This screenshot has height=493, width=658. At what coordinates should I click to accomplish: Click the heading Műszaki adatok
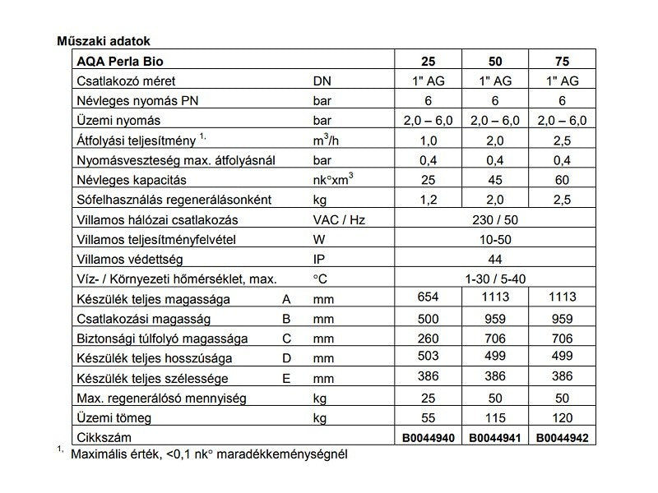coord(103,40)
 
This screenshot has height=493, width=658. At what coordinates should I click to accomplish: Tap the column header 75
coord(562,61)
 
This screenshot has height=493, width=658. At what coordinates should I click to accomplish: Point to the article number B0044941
coord(497,437)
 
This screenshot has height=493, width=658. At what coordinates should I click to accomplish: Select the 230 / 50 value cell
coord(497,219)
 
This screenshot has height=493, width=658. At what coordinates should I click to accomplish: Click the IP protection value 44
coord(497,259)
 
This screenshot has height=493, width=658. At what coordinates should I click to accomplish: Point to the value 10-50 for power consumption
coord(497,239)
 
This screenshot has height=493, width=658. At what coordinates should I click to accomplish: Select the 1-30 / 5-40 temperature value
coord(497,279)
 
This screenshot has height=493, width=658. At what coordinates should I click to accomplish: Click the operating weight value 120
coord(562,417)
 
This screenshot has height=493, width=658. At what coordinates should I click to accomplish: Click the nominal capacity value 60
coord(562,180)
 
